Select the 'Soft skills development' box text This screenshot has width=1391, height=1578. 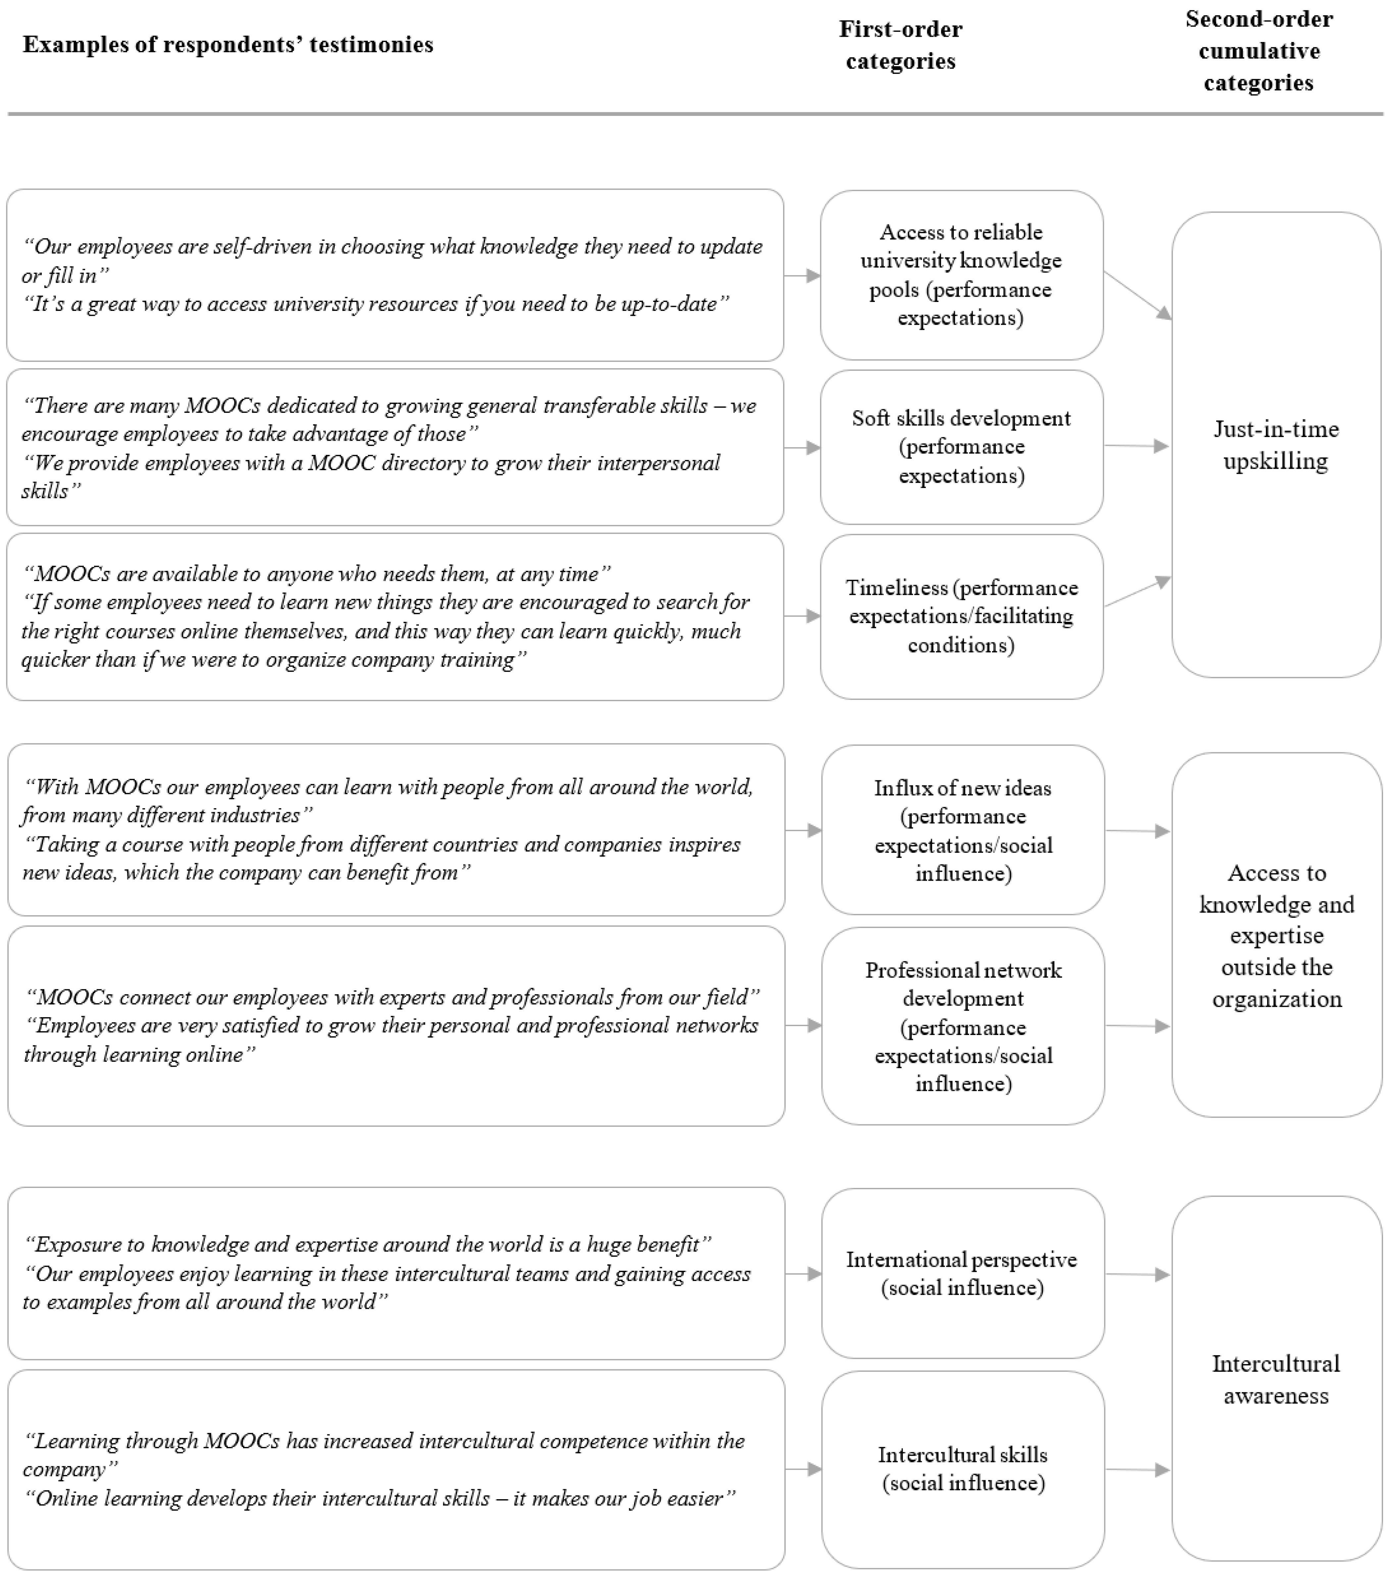(x=961, y=446)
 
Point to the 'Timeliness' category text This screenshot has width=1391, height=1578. (x=961, y=616)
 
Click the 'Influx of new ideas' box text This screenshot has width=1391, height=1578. (x=963, y=830)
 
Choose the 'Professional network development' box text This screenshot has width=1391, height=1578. (x=963, y=1026)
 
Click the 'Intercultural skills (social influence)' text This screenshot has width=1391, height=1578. (x=963, y=1468)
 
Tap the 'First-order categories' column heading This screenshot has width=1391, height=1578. (x=900, y=45)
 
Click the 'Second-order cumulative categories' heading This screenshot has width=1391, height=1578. (x=1259, y=51)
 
